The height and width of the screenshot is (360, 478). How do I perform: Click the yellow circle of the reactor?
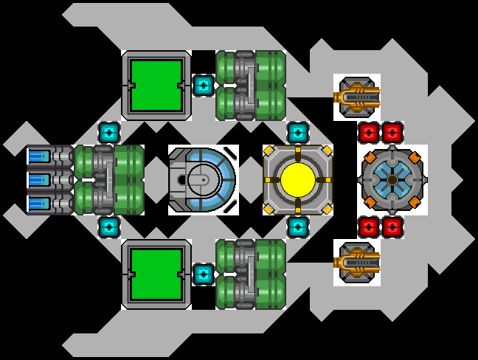coord(298,179)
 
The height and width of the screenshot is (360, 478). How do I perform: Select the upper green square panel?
coord(156,85)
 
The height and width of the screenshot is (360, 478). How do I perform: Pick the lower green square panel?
coord(156,274)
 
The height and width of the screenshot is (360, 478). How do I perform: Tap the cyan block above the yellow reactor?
coord(297,133)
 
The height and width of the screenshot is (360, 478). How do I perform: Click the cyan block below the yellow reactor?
coord(297,226)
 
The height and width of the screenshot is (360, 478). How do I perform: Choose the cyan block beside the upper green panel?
coord(204,86)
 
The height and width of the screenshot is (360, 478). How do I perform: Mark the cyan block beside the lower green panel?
coord(204,274)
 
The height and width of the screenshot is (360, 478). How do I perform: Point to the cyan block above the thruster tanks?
coord(109,133)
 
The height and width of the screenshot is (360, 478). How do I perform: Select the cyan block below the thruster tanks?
coord(109,226)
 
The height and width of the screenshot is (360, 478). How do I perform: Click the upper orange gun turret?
coord(356,97)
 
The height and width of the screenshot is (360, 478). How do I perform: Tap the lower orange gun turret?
coord(356,262)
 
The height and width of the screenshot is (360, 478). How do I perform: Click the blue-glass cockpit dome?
coord(204,179)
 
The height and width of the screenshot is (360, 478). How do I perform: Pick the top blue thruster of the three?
coord(40,156)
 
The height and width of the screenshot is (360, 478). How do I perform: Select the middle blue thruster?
coord(40,180)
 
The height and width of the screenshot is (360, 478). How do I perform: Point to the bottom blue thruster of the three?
coord(40,204)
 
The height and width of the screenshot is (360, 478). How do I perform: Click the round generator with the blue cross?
coord(392,179)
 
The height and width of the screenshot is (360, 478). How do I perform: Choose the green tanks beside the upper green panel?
coord(250,85)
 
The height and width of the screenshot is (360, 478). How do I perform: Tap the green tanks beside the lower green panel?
coord(250,274)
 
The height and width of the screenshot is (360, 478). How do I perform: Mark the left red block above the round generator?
coord(369,133)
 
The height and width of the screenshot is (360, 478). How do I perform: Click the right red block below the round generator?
coord(392,226)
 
